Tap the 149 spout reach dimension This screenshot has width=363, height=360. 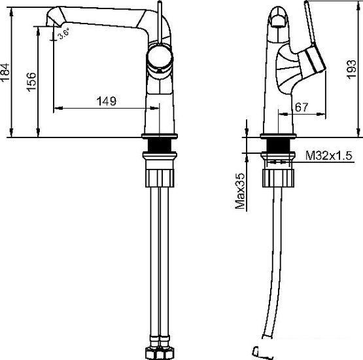pyautogui.click(x=106, y=101)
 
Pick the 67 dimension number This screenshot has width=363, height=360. pyautogui.click(x=302, y=107)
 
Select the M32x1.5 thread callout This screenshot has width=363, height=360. pyautogui.click(x=329, y=155)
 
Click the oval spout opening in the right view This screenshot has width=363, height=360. pyautogui.click(x=277, y=19)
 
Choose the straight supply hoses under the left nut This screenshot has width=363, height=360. pyautogui.click(x=160, y=262)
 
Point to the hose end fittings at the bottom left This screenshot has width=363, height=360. pyautogui.click(x=160, y=350)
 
